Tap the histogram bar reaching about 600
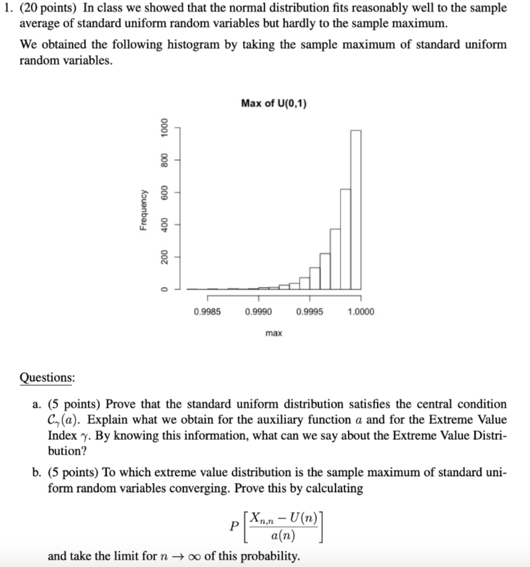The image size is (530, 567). [346, 239]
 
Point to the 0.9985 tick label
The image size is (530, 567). [207, 312]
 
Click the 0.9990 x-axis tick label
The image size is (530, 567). [258, 312]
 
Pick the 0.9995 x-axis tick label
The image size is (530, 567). [310, 312]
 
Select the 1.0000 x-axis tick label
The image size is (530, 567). [361, 312]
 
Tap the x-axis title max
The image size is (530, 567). [274, 333]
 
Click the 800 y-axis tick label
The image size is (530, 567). [163, 161]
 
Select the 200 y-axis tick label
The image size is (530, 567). [163, 256]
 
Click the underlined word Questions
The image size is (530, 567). [47, 378]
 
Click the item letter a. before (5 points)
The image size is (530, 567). [37, 404]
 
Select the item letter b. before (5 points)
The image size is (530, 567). [37, 473]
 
